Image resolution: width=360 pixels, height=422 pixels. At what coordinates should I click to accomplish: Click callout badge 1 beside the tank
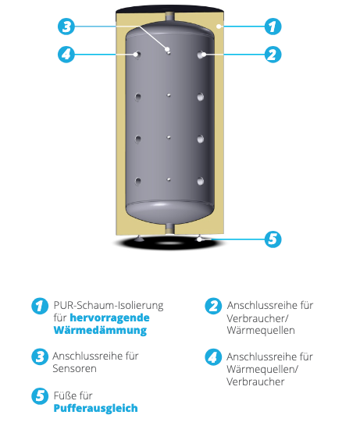272,26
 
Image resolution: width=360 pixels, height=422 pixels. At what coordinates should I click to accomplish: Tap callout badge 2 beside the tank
272,55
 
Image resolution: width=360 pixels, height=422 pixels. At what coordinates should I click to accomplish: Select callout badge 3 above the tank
67,26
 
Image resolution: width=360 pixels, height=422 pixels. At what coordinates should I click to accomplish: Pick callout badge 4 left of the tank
67,55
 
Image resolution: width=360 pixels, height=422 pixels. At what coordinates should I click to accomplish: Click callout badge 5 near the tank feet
272,239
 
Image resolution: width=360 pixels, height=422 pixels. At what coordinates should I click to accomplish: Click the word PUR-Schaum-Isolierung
108,305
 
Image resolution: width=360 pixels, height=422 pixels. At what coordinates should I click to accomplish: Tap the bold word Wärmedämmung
99,330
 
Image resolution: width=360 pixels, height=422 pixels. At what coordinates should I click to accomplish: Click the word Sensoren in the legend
76,369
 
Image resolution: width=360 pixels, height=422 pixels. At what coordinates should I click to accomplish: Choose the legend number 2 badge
212,306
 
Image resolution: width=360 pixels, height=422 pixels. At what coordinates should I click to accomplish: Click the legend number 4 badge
212,357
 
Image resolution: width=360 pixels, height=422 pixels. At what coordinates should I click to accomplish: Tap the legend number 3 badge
39,357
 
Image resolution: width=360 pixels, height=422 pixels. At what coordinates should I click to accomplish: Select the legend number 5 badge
39,395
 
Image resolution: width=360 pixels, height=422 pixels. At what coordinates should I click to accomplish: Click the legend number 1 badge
39,306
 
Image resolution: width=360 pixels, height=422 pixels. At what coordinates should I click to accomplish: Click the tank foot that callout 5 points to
201,237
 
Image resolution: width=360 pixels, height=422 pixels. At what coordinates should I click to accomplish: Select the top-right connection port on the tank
201,55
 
